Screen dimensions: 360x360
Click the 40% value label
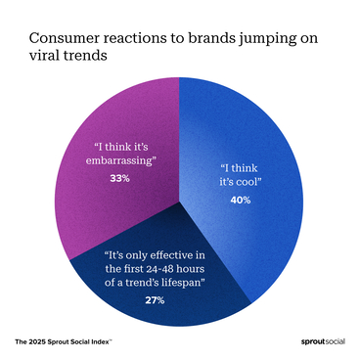(241, 200)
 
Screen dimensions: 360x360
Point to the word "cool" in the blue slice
(251, 181)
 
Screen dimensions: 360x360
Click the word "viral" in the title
(47, 57)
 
